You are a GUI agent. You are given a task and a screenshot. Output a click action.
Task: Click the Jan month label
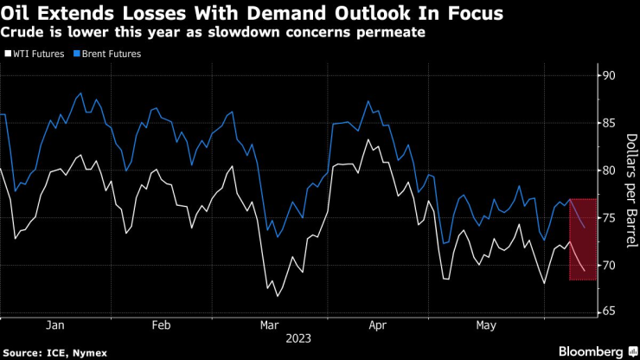click(54, 325)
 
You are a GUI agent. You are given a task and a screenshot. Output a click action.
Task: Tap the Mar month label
click(270, 325)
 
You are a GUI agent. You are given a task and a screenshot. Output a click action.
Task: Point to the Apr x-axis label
click(378, 325)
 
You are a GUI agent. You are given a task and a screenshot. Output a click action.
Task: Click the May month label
click(486, 325)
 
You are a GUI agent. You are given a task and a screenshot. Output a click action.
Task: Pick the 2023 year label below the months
click(299, 338)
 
